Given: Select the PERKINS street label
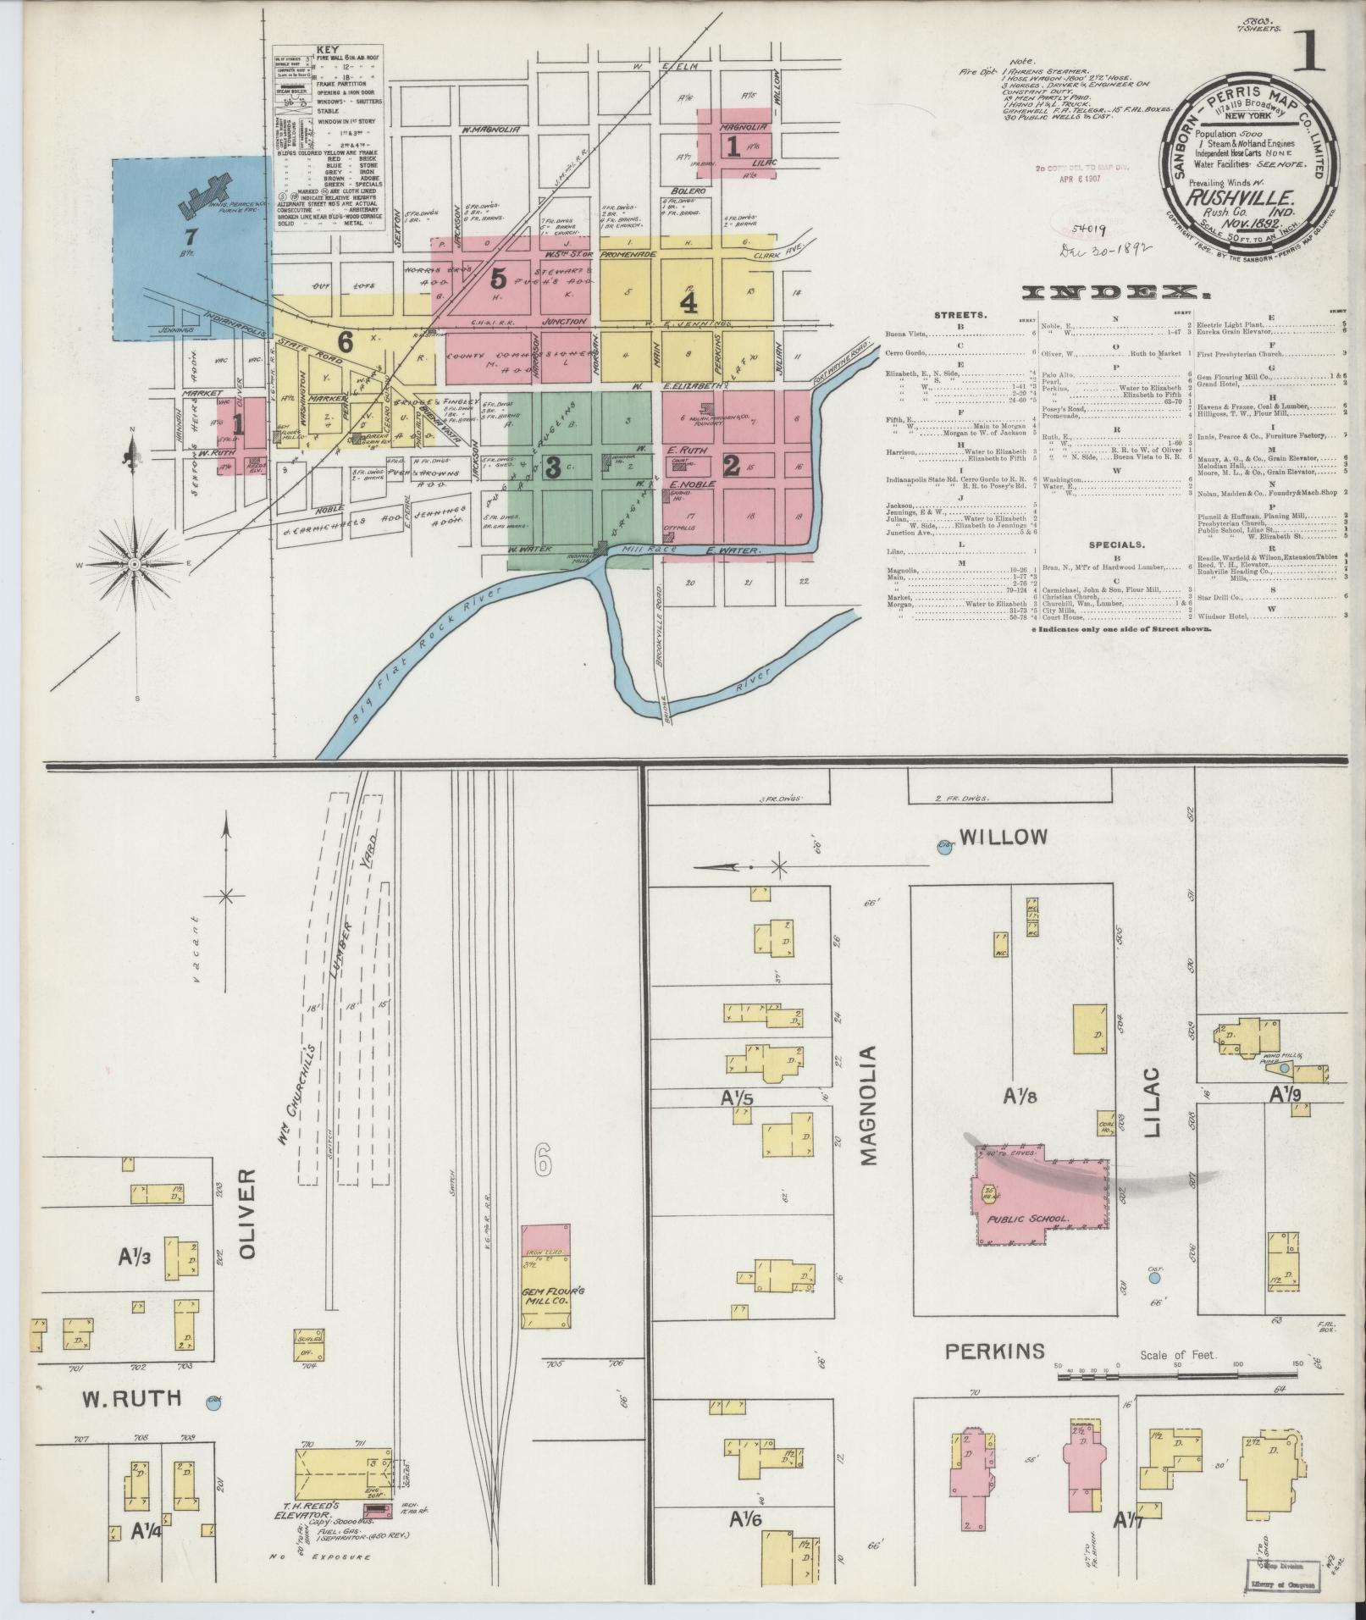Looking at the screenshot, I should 994,1351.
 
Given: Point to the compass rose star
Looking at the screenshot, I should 134,564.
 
